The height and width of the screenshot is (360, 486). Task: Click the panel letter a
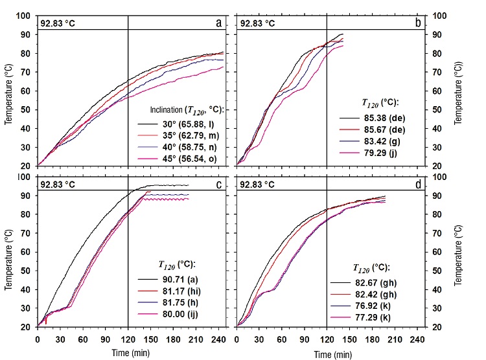pyautogui.click(x=218, y=24)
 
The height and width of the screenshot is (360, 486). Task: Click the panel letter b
pyautogui.click(x=417, y=24)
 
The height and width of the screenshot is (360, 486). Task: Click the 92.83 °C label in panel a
pyautogui.click(x=58, y=23)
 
